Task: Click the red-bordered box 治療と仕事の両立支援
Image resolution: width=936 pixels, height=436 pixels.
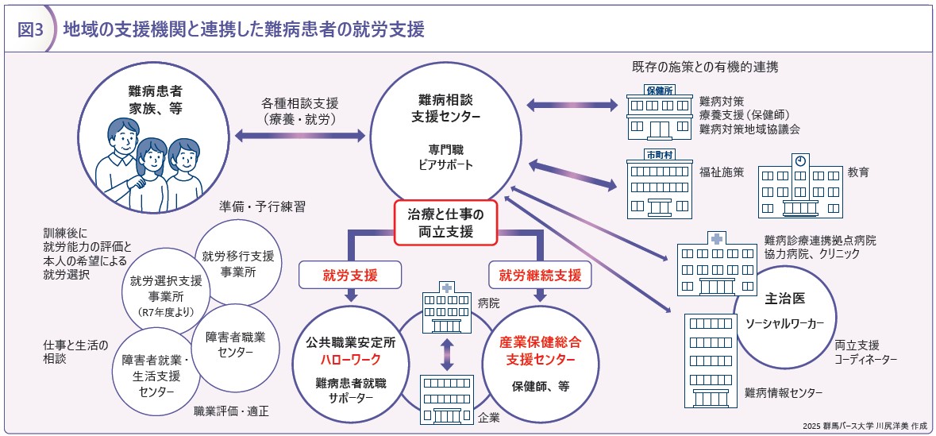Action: click(x=445, y=223)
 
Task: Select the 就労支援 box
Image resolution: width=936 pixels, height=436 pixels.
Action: click(x=349, y=276)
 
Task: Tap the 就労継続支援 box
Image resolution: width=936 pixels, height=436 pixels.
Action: click(x=540, y=276)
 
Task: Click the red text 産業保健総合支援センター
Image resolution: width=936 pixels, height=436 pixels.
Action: click(x=540, y=351)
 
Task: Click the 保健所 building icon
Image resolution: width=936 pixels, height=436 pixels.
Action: click(x=659, y=114)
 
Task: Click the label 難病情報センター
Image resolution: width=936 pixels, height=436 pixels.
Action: click(x=783, y=392)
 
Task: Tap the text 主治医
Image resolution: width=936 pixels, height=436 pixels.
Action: click(x=785, y=299)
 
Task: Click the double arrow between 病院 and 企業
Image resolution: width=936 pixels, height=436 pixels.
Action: click(x=446, y=354)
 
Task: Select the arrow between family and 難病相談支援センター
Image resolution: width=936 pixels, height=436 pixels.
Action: click(x=299, y=137)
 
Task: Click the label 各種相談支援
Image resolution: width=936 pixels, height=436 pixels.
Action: click(x=300, y=103)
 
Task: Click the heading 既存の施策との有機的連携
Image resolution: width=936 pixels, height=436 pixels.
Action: click(x=705, y=67)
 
